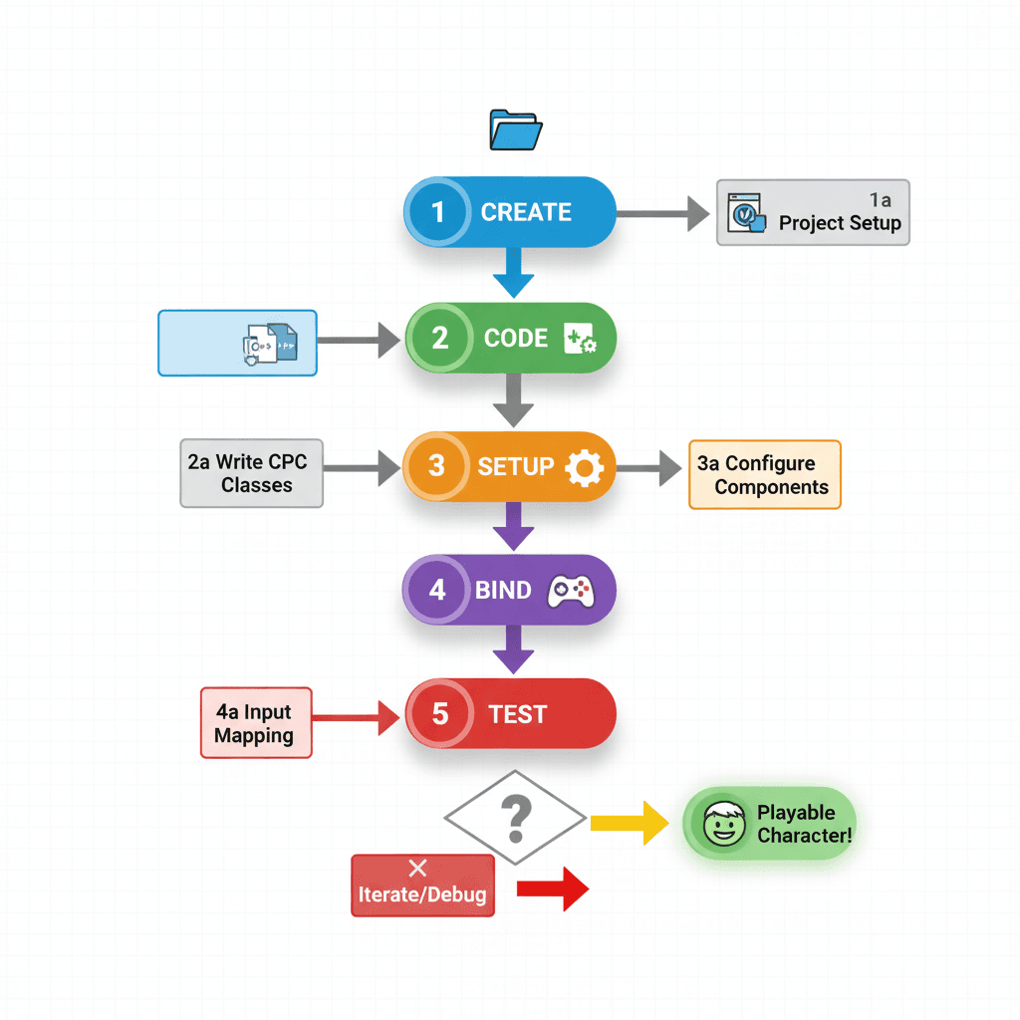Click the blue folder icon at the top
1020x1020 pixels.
click(x=515, y=130)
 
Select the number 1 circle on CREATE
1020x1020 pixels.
click(x=436, y=212)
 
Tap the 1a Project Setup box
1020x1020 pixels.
click(x=813, y=212)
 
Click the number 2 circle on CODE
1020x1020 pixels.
click(x=439, y=338)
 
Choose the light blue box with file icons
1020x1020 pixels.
click(x=237, y=343)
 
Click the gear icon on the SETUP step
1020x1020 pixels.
click(x=584, y=466)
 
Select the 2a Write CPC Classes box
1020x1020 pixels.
click(x=252, y=473)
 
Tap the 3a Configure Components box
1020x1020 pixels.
click(x=765, y=475)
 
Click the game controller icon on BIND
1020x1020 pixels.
click(x=571, y=590)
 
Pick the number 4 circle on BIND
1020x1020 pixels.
click(x=437, y=590)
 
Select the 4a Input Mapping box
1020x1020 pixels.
click(x=255, y=723)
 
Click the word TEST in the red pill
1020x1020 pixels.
click(x=518, y=714)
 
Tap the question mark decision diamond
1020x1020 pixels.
click(x=515, y=818)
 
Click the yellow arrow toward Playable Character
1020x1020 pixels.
click(x=630, y=822)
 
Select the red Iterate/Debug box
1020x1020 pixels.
click(x=423, y=885)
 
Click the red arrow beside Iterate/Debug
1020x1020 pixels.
click(x=554, y=888)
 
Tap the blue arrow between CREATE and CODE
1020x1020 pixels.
click(x=514, y=271)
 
